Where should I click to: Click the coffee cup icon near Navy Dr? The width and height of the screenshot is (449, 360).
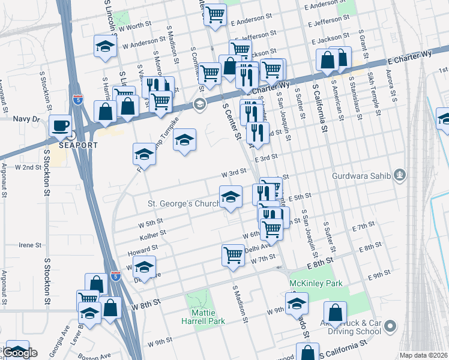59,125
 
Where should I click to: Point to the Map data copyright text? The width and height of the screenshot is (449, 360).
423,355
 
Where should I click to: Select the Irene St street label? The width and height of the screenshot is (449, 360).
29,245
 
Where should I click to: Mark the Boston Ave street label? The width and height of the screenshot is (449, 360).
97,355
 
